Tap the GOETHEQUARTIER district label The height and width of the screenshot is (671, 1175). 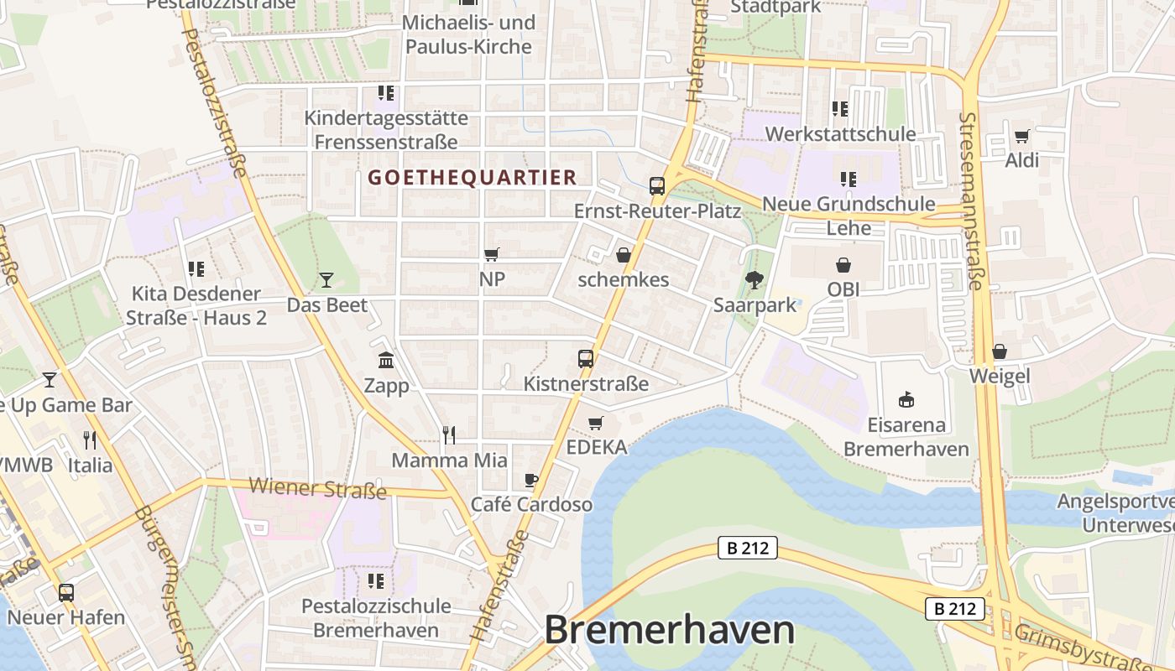473,178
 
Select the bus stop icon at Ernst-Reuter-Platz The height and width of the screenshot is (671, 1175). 657,186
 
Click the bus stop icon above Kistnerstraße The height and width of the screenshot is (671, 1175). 586,359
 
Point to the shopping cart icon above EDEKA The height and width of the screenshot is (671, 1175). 596,423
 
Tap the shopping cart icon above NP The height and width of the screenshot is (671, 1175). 492,254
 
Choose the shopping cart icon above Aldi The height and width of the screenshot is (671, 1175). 1021,136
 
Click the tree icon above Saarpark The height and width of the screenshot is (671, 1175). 755,280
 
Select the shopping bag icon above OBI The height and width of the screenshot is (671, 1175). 843,265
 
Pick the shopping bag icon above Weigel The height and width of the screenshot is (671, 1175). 999,351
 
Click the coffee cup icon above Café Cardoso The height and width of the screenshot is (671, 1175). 530,480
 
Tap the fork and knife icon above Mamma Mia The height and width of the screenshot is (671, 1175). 449,434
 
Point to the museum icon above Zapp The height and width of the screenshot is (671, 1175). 386,361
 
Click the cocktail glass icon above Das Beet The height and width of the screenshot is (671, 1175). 326,280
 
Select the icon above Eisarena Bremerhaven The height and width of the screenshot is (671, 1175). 906,399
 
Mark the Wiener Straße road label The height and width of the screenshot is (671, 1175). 317,488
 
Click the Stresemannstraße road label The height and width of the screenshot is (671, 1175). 971,201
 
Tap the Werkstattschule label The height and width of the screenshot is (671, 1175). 840,134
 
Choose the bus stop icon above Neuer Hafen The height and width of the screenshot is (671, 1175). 65,593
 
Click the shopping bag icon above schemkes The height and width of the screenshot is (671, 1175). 624,255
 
